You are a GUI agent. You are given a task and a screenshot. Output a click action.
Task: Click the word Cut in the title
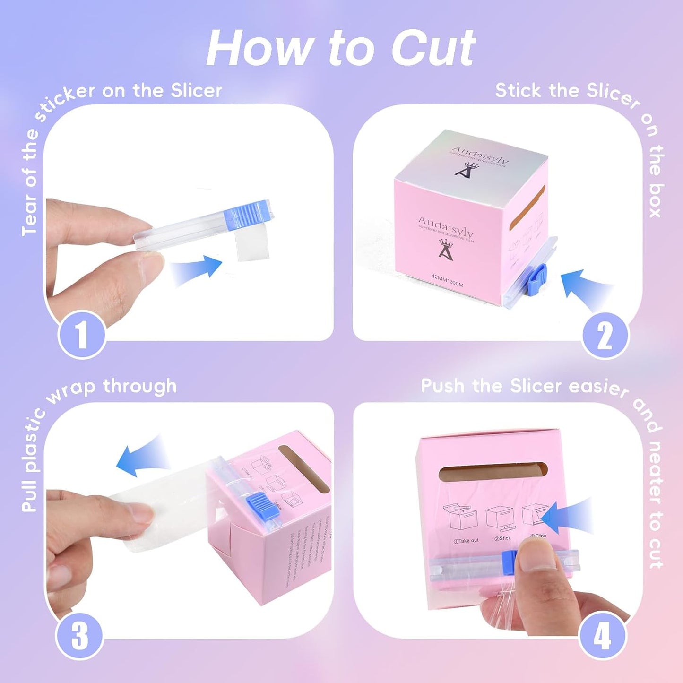coord(432,48)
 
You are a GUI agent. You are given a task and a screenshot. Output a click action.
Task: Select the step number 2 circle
coord(605,336)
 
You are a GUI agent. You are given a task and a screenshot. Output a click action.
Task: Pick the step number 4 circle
coord(602,636)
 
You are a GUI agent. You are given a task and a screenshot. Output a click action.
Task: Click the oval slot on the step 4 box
coord(493,473)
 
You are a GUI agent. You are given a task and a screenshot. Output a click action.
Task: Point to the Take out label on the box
coord(466,540)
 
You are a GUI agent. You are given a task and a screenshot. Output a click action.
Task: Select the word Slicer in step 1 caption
coord(196,90)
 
